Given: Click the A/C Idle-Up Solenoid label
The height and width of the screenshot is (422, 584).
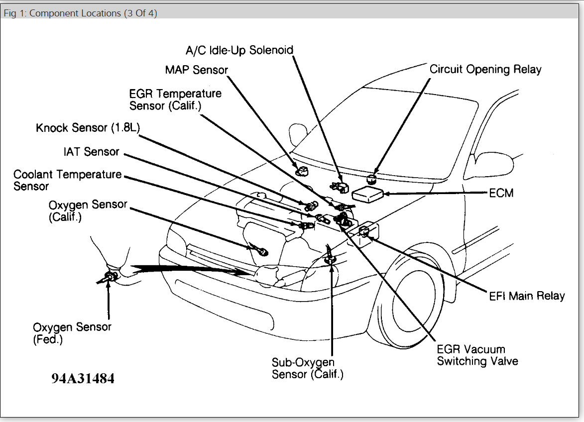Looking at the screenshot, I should (x=239, y=50).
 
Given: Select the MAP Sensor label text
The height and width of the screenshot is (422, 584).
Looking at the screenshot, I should (x=196, y=70).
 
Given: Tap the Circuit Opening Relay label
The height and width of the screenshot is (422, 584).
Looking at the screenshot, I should (x=485, y=69).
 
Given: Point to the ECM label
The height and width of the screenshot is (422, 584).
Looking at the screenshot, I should (x=501, y=193).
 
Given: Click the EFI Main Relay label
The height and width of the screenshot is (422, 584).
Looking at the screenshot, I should (x=527, y=296).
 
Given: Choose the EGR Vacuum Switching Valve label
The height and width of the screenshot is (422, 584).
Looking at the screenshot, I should (x=477, y=355).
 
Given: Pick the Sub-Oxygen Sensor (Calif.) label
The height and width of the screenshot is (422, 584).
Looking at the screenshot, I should (x=307, y=368).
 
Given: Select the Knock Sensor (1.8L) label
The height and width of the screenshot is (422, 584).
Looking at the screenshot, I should (x=88, y=128).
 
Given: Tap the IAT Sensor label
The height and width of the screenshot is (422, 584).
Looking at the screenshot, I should (x=91, y=152).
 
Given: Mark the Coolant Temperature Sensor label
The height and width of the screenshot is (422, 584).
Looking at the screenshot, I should (x=67, y=180).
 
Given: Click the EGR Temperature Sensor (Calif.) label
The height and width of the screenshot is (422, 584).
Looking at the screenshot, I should (x=175, y=100).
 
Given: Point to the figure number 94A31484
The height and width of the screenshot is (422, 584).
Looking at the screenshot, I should (x=83, y=378).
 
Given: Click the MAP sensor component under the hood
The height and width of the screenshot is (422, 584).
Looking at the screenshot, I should (x=302, y=171).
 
